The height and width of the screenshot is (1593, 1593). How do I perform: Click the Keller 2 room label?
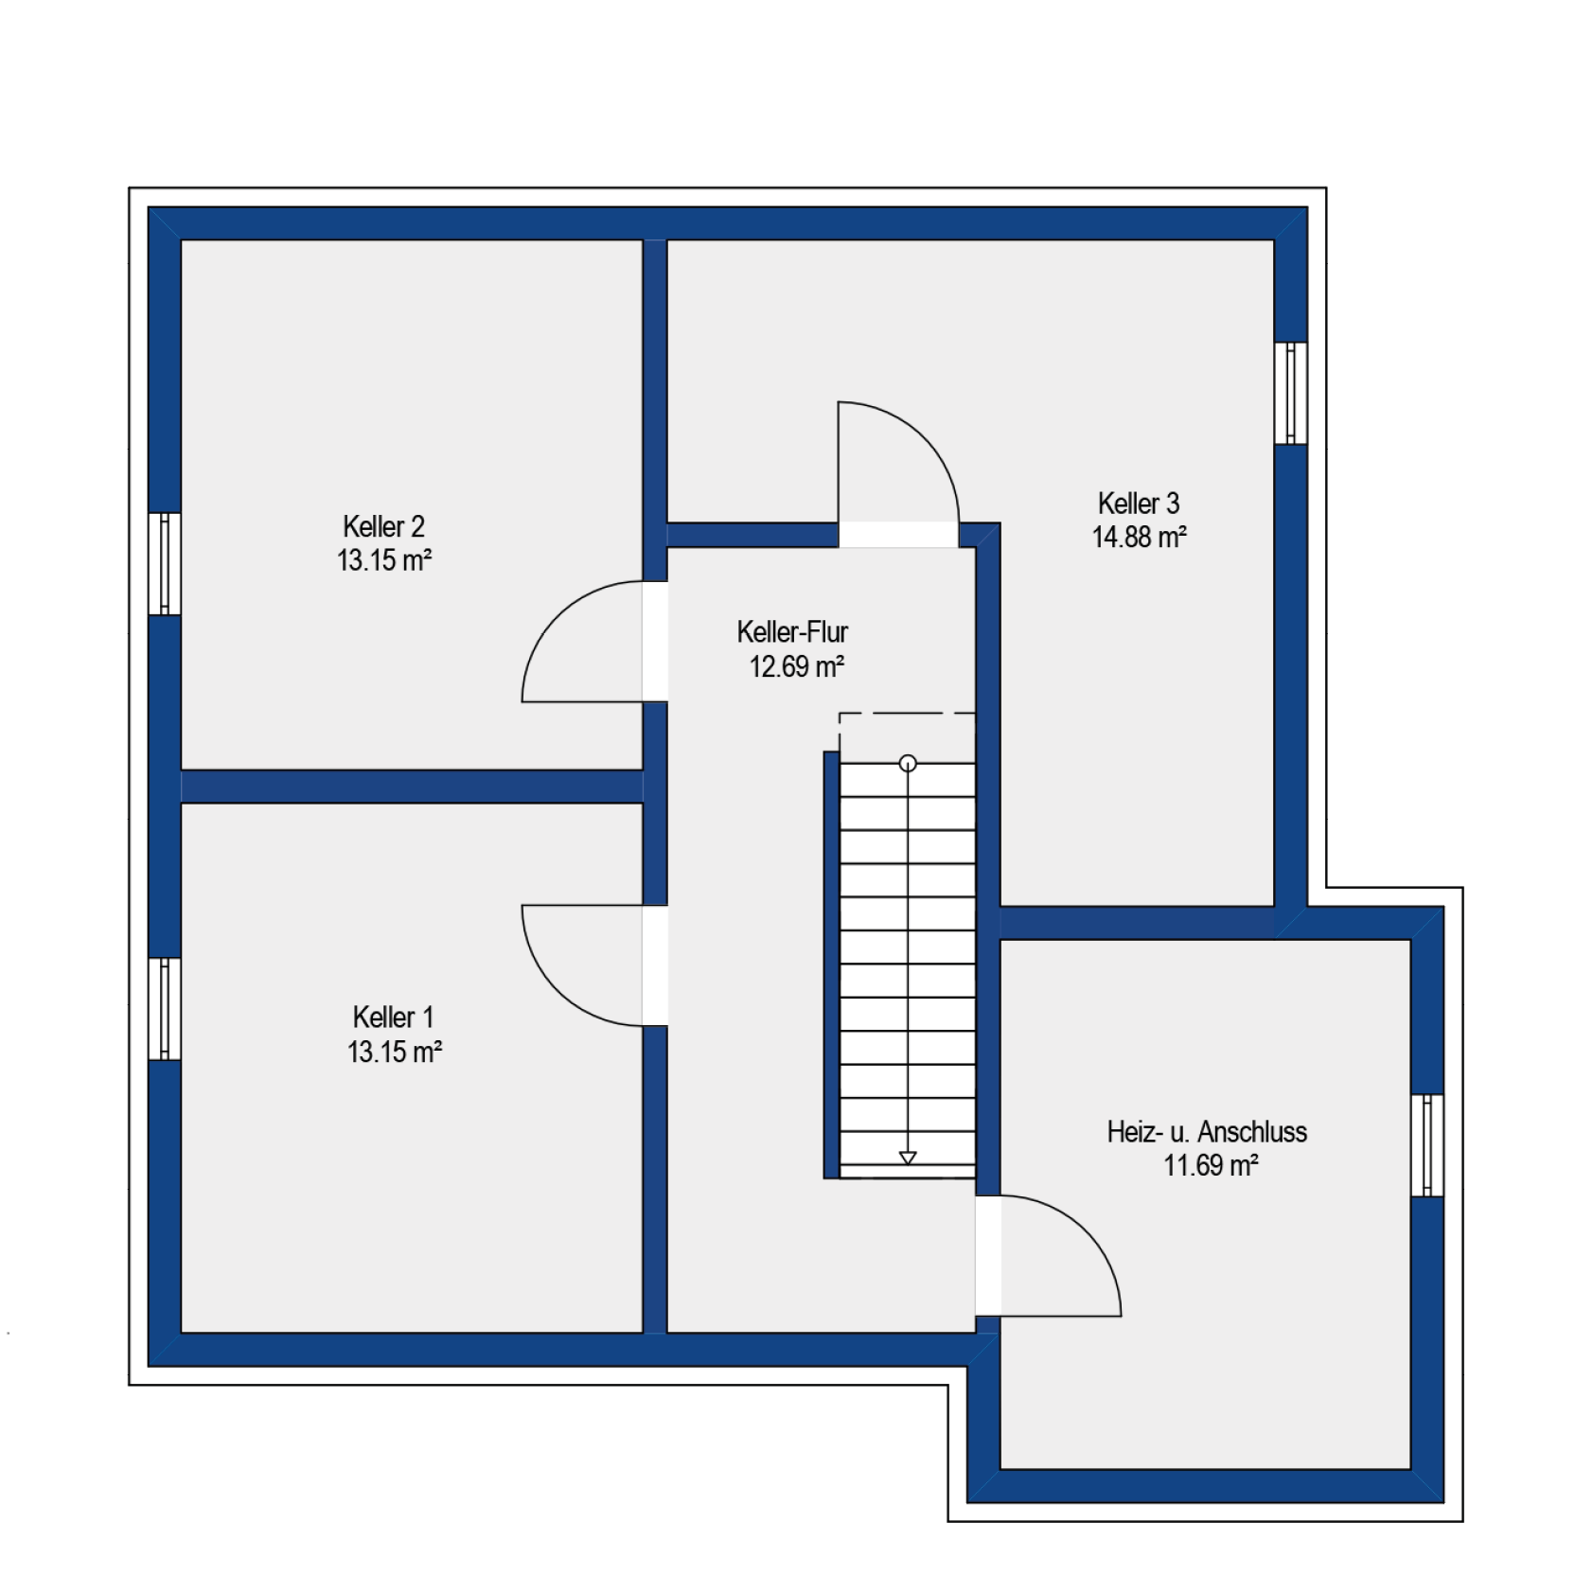(x=383, y=526)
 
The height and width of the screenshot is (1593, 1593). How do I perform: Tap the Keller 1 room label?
(x=393, y=1018)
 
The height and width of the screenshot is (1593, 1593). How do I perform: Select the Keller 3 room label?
(x=1139, y=504)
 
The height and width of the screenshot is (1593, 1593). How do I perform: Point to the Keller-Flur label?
(x=792, y=632)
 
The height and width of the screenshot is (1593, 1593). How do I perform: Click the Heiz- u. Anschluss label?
(x=1207, y=1132)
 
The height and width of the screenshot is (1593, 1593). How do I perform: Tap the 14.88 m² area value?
(x=1140, y=538)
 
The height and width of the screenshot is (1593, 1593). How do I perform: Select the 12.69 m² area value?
(x=797, y=667)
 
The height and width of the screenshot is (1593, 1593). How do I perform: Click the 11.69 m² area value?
(x=1211, y=1165)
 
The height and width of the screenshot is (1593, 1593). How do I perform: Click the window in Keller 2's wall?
(x=165, y=564)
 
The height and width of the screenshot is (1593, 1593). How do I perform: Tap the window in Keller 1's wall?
(x=165, y=1009)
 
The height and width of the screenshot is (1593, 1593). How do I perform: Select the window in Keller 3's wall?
(x=1291, y=393)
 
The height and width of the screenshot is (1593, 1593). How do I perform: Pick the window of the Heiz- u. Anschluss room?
(x=1427, y=1145)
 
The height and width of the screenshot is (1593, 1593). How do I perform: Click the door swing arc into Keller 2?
(x=558, y=617)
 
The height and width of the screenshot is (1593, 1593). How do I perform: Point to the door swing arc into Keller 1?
(x=558, y=990)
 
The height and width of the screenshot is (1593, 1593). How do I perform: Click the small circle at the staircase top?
(x=908, y=763)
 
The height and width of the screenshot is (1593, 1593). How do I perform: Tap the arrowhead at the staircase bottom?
(x=908, y=1158)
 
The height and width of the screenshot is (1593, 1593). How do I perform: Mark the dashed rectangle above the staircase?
(x=907, y=713)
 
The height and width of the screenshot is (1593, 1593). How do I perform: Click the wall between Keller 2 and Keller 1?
(x=412, y=787)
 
